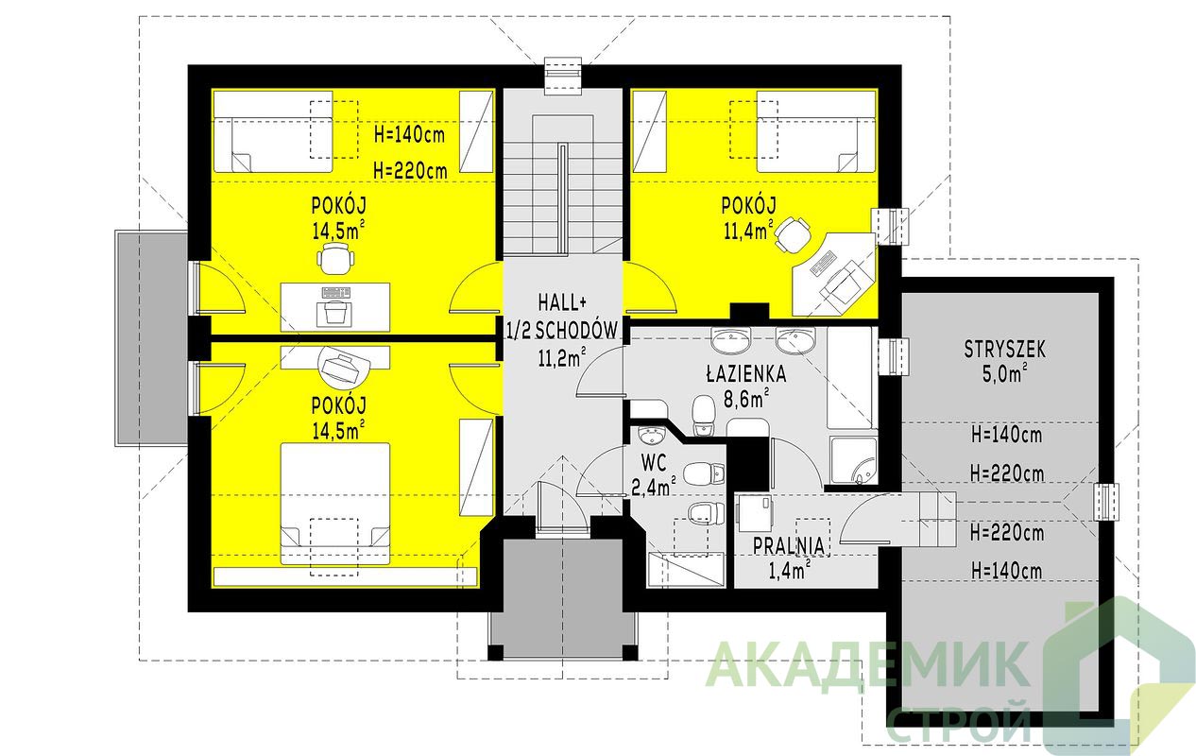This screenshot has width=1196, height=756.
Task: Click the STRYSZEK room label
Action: point(1005,350)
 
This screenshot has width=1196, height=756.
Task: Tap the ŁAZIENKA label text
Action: point(746,373)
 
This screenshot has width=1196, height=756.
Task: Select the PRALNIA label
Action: point(789,546)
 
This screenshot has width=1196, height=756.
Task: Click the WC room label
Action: point(654,463)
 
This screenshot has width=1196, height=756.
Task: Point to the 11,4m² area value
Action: point(748,231)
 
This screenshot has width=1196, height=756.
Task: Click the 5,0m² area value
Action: point(1005,373)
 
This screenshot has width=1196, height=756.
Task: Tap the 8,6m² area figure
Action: point(746,398)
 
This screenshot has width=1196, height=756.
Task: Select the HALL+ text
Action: point(562,303)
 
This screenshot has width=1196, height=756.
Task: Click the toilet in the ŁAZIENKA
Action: point(704,416)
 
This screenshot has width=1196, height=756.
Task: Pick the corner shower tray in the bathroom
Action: point(854,460)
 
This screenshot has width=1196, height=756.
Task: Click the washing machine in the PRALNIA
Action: point(755,513)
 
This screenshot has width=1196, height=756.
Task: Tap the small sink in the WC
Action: point(650,436)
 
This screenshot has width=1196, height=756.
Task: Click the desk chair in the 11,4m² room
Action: point(792,234)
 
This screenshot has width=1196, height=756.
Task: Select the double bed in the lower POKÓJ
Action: point(335,504)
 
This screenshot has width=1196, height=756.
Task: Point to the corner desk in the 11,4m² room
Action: point(833,274)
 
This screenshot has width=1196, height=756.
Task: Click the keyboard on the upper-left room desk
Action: point(335,293)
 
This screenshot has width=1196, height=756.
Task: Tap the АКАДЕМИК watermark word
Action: point(866,665)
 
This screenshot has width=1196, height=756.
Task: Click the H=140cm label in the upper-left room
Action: point(409,134)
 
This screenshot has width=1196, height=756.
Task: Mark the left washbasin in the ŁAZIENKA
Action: point(730,340)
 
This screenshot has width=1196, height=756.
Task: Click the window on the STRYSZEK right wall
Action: point(1105,502)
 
